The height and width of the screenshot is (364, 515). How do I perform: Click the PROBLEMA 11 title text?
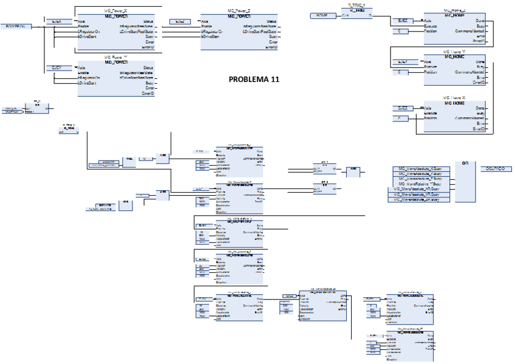254,79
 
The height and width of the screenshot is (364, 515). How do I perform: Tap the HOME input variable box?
322,15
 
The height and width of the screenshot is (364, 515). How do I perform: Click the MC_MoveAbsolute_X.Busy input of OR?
420,168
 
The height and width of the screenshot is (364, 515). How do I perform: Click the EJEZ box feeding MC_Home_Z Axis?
402,20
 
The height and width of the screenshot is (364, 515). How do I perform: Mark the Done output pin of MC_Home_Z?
480,20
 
